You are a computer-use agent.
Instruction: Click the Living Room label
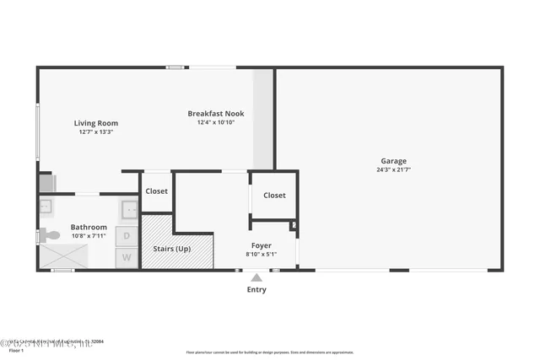pos(96,123)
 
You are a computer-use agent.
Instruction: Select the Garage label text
pos(393,160)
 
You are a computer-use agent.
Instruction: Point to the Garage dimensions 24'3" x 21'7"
pos(393,169)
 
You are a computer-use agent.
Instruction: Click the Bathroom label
pos(89,227)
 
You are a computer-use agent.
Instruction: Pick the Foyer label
pos(261,244)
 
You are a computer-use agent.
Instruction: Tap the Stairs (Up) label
pos(171,250)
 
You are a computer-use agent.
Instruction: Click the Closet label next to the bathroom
pos(156,191)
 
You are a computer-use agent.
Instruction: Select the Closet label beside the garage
pos(274,195)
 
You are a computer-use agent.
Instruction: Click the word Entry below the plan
pos(256,290)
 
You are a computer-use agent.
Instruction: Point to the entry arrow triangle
pos(256,277)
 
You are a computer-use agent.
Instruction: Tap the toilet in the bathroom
pos(50,235)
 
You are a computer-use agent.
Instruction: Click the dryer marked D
pos(127,235)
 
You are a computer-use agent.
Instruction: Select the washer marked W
pos(127,257)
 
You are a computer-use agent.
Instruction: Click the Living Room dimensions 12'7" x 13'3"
pos(96,132)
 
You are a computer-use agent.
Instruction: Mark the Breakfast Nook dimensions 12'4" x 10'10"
pos(216,122)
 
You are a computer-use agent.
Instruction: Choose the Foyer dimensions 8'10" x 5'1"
pos(261,254)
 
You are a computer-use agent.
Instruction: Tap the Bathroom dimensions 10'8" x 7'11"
pos(89,236)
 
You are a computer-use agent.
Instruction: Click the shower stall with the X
pos(63,256)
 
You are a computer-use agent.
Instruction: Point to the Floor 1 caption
pos(16,350)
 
